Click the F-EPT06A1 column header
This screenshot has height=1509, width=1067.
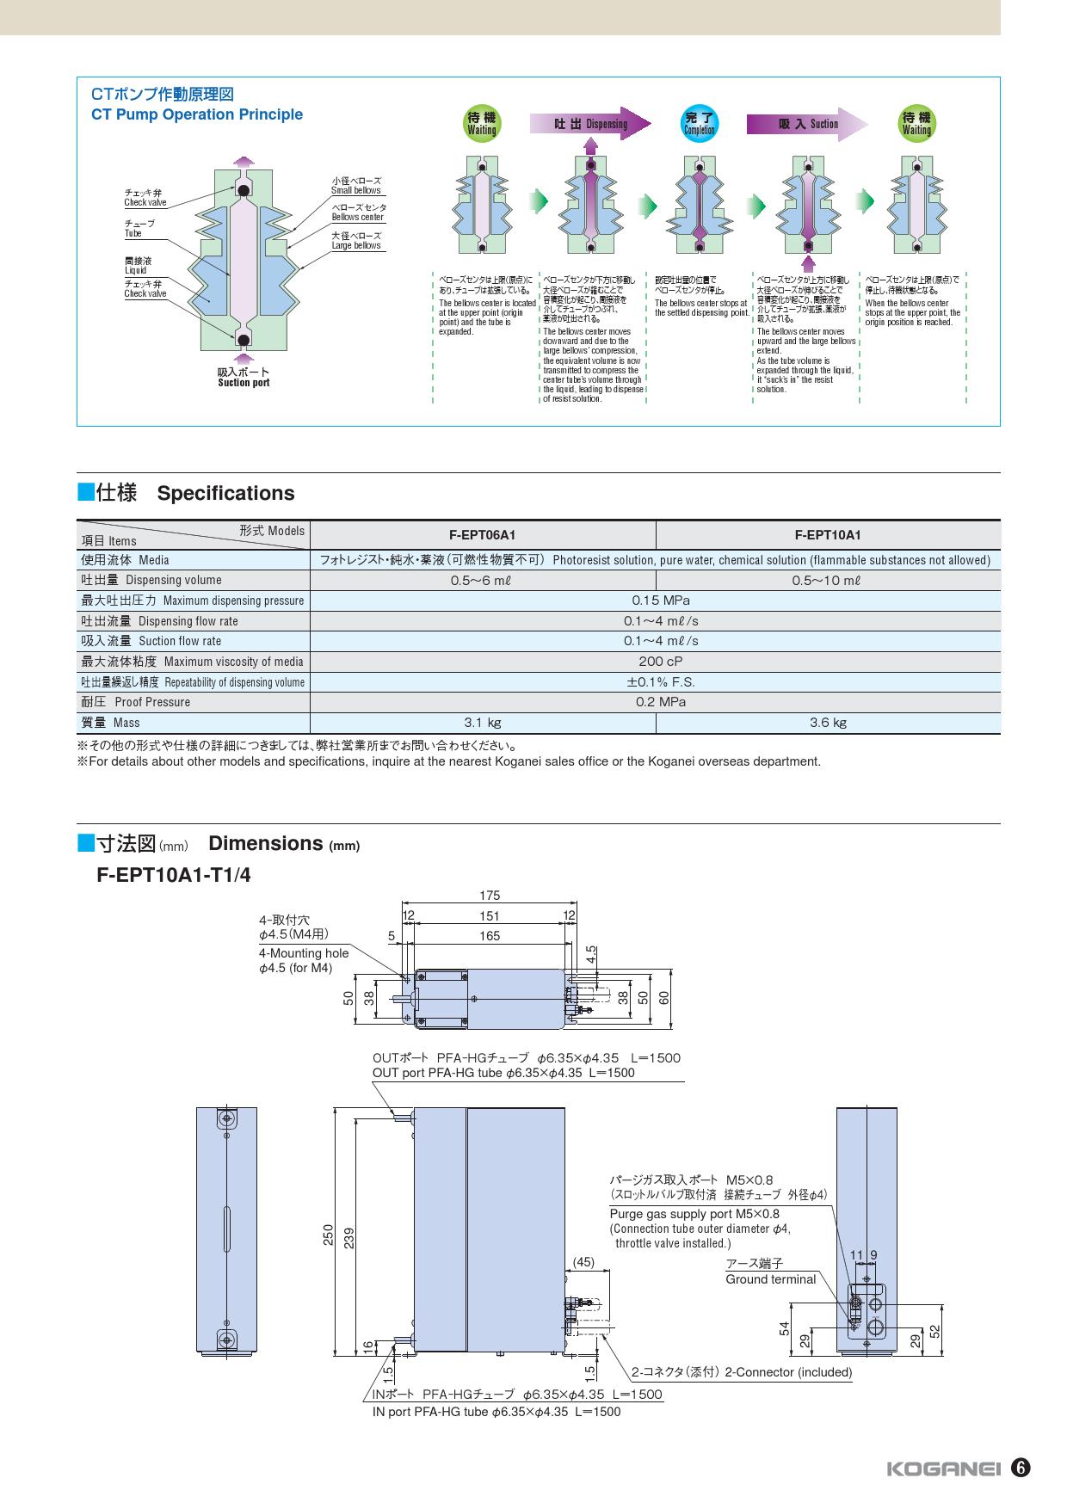coord(482,535)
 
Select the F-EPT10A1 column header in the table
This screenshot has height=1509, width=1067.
coord(828,535)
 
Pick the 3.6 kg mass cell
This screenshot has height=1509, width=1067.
coord(828,723)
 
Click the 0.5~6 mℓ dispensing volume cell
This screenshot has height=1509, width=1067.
coord(482,581)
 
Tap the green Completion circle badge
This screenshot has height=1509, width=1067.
coord(699,123)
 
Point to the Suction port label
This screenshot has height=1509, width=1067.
coord(244,378)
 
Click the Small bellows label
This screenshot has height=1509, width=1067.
coord(356,186)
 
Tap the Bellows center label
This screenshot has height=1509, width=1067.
coord(358,212)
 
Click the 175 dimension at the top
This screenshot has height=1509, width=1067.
coord(490,896)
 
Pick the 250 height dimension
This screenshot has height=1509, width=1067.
coord(328,1235)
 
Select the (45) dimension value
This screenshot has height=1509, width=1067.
coord(583,1262)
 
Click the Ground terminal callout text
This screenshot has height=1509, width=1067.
coord(770,1279)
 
